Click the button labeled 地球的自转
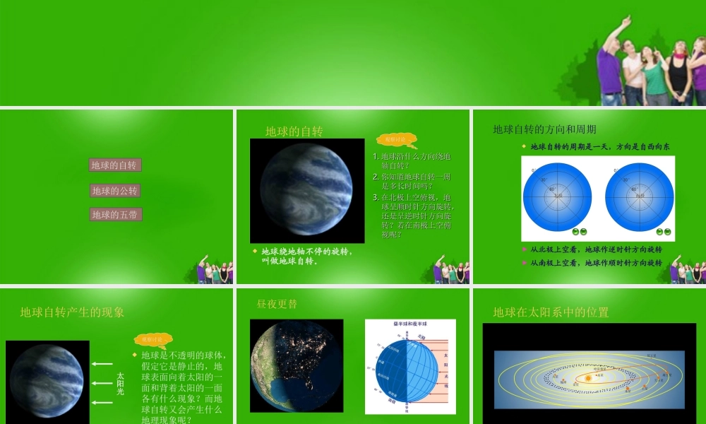(115, 165)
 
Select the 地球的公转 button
(115, 191)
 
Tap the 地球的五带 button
(115, 214)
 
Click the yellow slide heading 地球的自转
(294, 131)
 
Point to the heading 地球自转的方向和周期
(544, 129)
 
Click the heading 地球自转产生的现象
(72, 312)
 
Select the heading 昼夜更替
(277, 304)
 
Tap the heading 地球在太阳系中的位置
(551, 312)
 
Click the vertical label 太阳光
(120, 383)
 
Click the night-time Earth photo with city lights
(296, 366)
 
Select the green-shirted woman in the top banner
(654, 78)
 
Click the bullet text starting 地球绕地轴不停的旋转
(307, 256)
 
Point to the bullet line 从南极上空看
(597, 262)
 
